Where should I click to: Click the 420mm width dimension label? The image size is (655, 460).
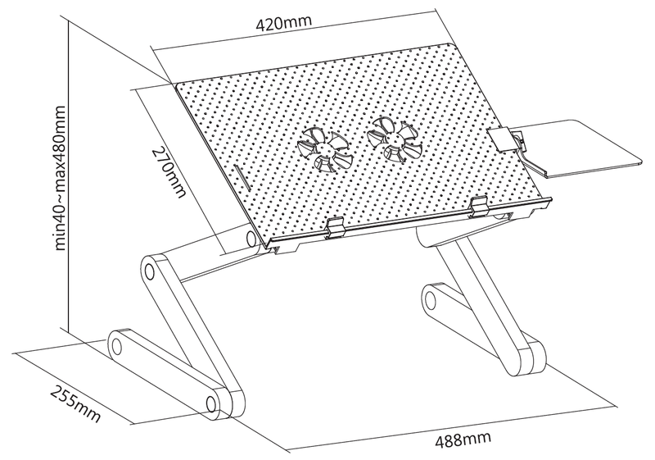(x=284, y=24)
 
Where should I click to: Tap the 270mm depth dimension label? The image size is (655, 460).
(x=169, y=172)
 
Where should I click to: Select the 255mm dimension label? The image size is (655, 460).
(x=75, y=403)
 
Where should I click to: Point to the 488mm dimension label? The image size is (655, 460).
(x=463, y=440)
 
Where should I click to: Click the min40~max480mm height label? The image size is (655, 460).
(x=60, y=178)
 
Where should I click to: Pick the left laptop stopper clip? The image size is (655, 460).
(x=335, y=228)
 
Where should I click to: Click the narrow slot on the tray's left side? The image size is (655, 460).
(x=242, y=179)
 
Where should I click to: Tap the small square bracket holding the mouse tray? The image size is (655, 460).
(x=500, y=140)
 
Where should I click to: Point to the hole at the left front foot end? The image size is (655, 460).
(x=211, y=403)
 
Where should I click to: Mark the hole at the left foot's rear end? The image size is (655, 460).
(x=116, y=346)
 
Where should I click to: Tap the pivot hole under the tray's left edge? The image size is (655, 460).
(x=251, y=239)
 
